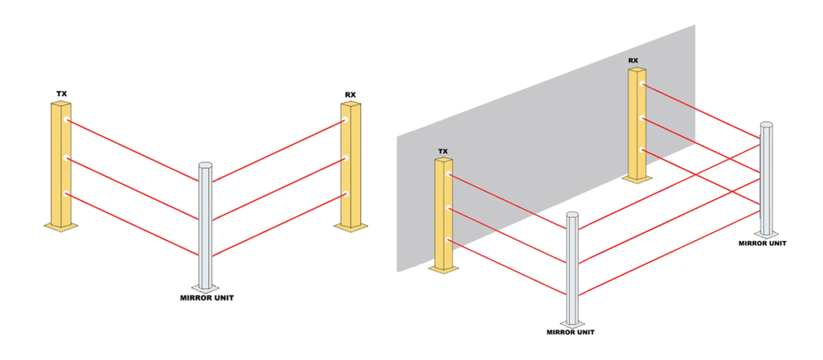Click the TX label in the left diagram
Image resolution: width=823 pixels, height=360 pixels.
61,95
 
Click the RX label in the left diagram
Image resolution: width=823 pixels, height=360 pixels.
350,95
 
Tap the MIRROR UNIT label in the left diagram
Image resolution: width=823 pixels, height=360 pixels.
207,298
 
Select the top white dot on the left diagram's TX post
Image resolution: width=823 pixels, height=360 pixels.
67,121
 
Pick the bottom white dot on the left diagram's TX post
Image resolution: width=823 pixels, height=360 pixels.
67,194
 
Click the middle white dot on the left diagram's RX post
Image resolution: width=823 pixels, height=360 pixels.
346,157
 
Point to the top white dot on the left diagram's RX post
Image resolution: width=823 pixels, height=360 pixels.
346,121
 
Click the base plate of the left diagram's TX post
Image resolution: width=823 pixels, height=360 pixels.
61,226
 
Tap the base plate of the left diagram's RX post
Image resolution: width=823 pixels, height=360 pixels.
350,226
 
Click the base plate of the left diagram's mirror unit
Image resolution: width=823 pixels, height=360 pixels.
206,288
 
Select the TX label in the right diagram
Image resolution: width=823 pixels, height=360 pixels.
443,152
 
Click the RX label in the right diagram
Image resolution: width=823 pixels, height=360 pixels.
633,60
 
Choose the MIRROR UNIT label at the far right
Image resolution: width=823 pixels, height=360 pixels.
763,243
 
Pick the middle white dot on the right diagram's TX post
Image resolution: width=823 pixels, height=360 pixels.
449,208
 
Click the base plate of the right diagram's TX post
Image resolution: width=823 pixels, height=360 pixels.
444,269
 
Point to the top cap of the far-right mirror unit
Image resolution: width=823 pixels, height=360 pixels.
766,125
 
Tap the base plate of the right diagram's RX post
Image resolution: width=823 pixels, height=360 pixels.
637,179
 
